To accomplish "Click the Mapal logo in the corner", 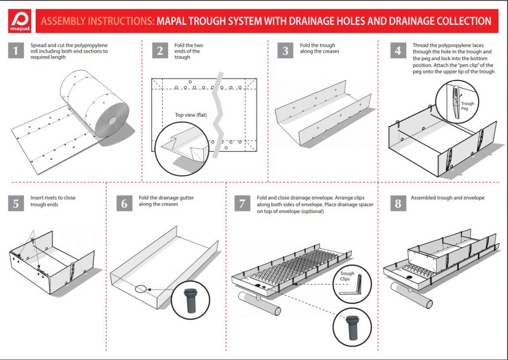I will point(21,22).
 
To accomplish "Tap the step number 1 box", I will point(16,51).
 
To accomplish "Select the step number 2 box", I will point(160,51).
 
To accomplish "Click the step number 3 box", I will point(285,51).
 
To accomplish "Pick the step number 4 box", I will point(398,51).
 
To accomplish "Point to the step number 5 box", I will point(16,204).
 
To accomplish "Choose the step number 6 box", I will point(124,204).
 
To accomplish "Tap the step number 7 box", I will point(242,204).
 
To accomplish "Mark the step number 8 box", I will point(398,204).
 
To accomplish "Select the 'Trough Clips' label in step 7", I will point(347,276).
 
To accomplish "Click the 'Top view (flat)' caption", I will point(191,115).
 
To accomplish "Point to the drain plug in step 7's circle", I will point(352,326).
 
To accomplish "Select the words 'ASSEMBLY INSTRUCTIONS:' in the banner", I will point(98,21).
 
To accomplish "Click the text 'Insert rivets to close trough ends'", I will point(53,201).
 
